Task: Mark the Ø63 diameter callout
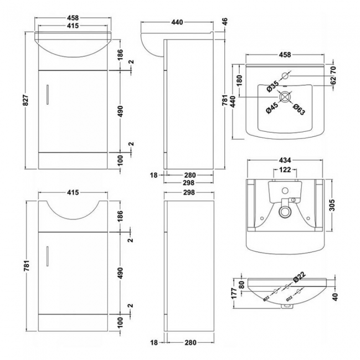[300, 109]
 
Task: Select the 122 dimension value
[284, 170]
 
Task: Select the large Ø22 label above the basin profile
[299, 276]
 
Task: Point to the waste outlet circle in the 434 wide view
[285, 210]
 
